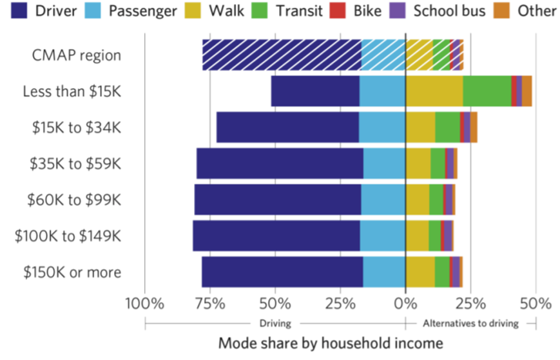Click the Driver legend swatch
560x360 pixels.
pos(17,11)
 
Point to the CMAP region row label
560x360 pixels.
pos(77,55)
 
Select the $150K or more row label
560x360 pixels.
pos(72,272)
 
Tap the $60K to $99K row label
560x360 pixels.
pos(74,200)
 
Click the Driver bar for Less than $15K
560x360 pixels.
pos(314,91)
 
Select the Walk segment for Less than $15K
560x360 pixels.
pos(434,91)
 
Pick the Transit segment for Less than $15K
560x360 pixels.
pos(487,91)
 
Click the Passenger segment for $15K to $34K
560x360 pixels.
pos(381,127)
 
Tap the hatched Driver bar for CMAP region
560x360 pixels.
pos(281,55)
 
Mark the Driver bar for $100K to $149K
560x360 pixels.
pos(276,236)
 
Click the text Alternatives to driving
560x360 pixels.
pos(470,323)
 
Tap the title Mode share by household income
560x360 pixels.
pos(331,343)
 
